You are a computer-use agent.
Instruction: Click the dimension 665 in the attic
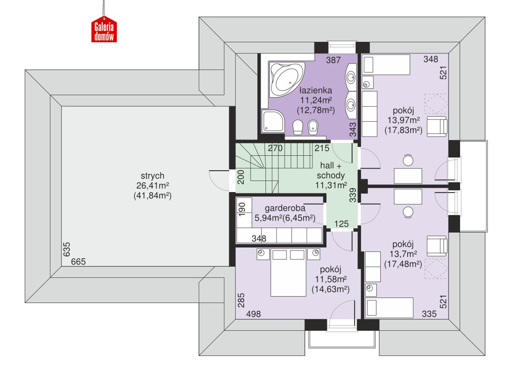[x=79, y=262]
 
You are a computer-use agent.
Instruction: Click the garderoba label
[x=285, y=209]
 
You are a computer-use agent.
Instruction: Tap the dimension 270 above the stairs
[x=276, y=149]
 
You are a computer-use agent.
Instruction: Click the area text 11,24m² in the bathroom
[x=315, y=100]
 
